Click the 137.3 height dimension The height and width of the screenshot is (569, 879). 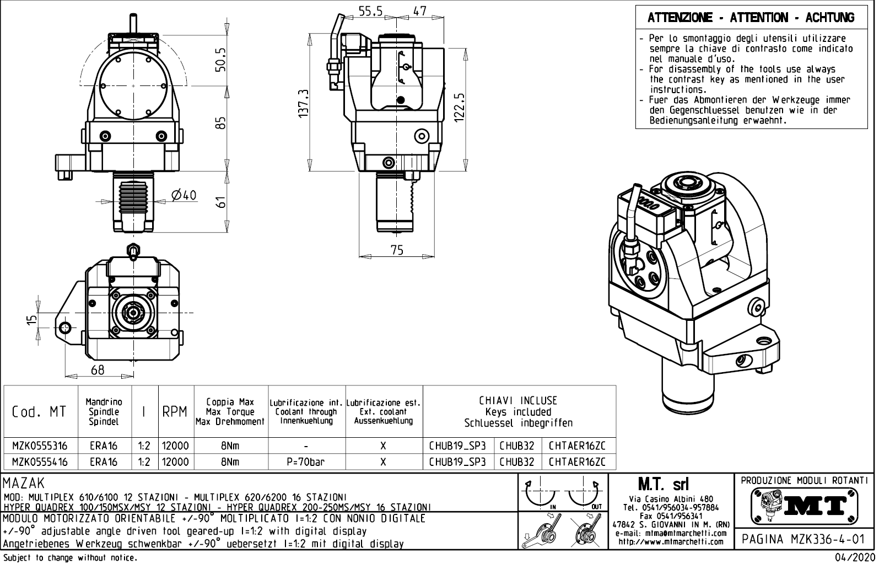tap(303, 103)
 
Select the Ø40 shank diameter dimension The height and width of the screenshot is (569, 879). tap(184, 196)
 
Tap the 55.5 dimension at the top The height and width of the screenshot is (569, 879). tap(371, 11)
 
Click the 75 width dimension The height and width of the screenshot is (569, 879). tap(397, 250)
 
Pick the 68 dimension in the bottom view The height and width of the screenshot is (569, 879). tap(98, 370)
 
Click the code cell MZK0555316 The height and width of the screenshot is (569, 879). tap(40, 445)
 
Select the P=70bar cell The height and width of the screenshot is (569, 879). tap(306, 462)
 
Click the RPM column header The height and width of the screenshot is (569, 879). tap(175, 412)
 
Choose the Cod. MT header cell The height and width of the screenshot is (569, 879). tap(40, 412)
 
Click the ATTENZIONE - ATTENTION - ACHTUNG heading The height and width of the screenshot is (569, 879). tap(751, 18)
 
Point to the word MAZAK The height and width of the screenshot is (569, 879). tap(24, 484)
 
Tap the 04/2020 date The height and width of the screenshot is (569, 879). tap(855, 557)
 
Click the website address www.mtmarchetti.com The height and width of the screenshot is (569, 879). tap(671, 541)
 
